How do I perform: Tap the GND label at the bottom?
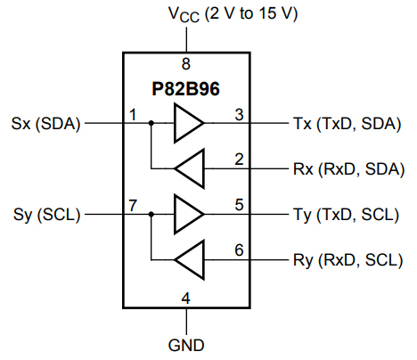click(x=186, y=344)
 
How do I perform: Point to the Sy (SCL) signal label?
click(x=46, y=215)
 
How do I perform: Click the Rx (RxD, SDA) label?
click(x=347, y=168)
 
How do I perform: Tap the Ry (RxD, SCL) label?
click(x=347, y=260)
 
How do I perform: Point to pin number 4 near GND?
click(x=186, y=298)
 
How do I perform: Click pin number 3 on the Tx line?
click(x=239, y=115)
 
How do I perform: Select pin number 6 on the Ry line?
click(x=239, y=250)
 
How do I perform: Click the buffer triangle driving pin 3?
click(x=187, y=124)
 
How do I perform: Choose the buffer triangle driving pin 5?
click(x=187, y=215)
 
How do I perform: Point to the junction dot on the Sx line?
click(x=151, y=124)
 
